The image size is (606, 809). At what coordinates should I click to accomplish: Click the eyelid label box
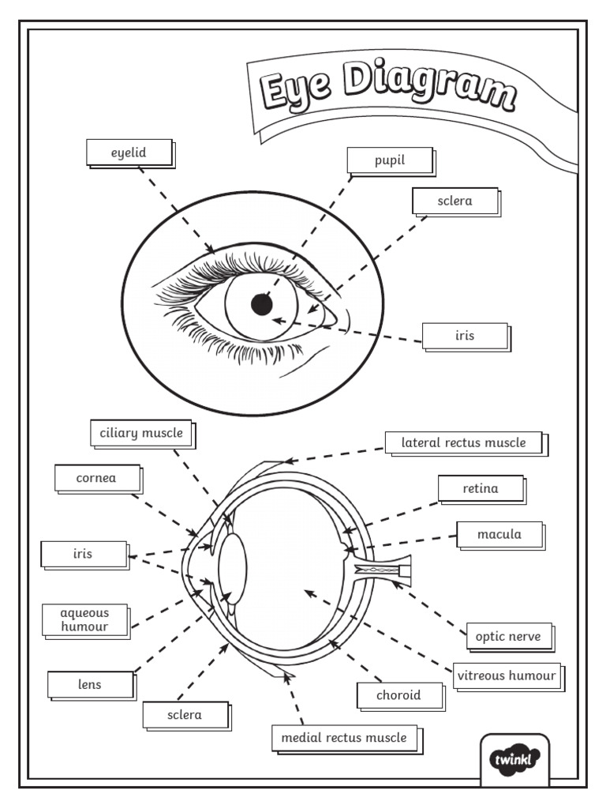pos(129,152)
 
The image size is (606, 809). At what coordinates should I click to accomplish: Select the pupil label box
pos(389,160)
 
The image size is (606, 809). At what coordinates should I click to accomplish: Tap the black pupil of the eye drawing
pos(261,303)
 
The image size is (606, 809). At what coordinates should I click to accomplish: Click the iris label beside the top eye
pos(465,336)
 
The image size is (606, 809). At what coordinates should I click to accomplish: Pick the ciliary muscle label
pos(140,433)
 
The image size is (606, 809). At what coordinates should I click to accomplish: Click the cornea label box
pos(96,478)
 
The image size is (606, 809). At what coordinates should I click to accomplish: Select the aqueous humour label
pos(84,619)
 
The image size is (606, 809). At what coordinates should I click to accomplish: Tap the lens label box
pos(89,684)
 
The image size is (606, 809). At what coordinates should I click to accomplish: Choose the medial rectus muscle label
pos(343,738)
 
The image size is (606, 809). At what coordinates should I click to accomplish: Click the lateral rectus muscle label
pos(463,442)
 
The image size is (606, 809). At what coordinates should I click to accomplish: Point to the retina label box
pos(480,488)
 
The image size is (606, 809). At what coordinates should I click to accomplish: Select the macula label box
pos(499,534)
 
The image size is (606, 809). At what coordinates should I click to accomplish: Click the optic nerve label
pos(508,636)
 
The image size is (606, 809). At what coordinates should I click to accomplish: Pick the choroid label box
pos(398,695)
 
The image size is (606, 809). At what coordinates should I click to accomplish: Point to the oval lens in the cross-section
pos(233,569)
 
